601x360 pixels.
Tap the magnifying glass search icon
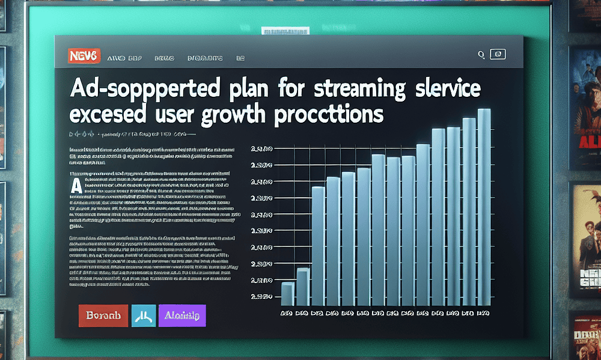[x=481, y=55]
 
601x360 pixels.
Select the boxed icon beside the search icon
[x=498, y=55]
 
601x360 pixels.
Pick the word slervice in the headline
[x=441, y=90]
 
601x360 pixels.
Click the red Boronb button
[x=103, y=315]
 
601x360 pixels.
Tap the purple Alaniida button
[x=182, y=315]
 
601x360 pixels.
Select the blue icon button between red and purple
[x=142, y=315]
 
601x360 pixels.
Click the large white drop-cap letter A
[x=76, y=185]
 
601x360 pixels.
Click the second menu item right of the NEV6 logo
[x=160, y=58]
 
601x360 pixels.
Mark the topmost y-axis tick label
[x=262, y=148]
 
